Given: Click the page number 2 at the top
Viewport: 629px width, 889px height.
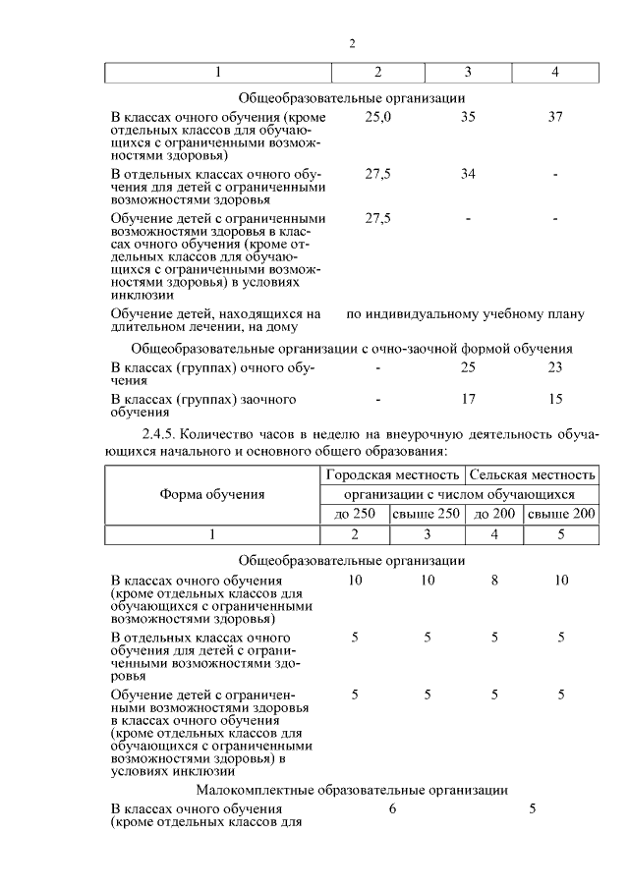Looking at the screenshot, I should [351, 43].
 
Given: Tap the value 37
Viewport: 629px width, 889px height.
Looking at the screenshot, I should [555, 117].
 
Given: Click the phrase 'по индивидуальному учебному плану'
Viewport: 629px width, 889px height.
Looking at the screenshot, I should [466, 314].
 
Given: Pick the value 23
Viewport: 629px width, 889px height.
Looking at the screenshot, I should [555, 367].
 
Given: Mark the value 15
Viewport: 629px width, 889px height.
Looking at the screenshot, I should [555, 400].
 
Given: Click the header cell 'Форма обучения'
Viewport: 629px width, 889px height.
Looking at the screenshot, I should [211, 494].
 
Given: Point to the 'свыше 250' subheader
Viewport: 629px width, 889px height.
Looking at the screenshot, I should [427, 514].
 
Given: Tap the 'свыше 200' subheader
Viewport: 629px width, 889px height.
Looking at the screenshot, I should [560, 514].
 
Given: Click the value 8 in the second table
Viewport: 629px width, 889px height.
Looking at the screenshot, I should [494, 581].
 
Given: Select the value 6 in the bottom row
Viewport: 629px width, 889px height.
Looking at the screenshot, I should [392, 808].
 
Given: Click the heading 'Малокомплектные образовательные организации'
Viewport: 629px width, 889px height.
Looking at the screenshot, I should [351, 789].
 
